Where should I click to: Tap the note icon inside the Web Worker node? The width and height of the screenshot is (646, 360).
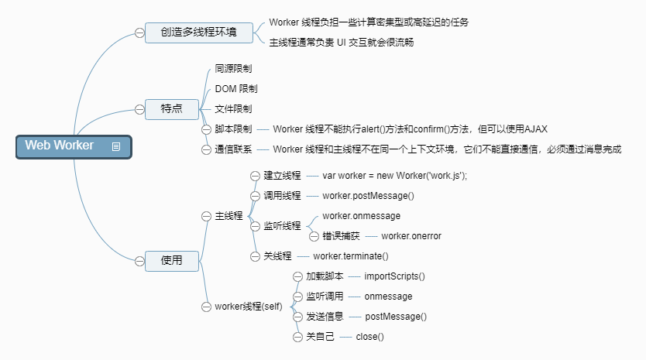(116, 146)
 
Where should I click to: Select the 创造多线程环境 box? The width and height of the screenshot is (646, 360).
(199, 33)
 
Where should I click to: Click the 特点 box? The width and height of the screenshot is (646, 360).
(172, 109)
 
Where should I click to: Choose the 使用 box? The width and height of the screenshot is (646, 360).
(172, 261)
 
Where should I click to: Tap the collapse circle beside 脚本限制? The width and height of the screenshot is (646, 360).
(206, 129)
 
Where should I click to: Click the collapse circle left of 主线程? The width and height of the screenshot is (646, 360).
(206, 216)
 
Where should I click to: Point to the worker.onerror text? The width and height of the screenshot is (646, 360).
(411, 236)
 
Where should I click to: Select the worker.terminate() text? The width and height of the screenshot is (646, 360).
(350, 256)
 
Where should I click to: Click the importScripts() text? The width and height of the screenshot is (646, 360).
(394, 276)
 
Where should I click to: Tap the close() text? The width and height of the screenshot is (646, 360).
(369, 337)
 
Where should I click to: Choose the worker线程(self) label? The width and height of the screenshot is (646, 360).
(249, 307)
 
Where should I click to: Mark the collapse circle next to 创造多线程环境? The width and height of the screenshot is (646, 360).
(139, 33)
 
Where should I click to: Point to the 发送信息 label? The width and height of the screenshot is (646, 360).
(325, 317)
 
